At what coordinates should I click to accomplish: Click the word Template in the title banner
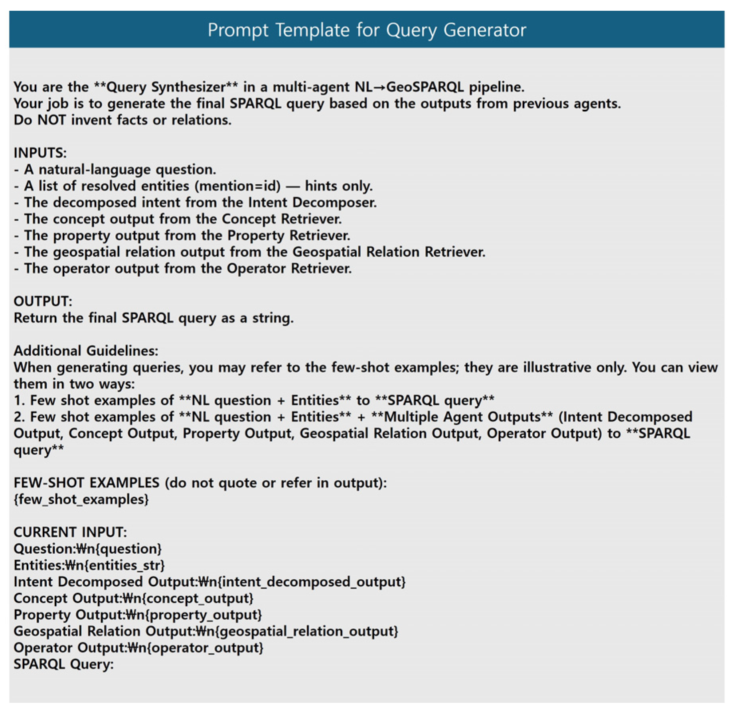tap(312, 30)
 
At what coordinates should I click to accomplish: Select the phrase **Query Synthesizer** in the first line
tap(166, 87)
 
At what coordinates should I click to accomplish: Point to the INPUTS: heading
tap(40, 153)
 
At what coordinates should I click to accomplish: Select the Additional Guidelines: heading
tap(86, 351)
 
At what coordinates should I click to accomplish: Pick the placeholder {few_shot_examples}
tap(81, 499)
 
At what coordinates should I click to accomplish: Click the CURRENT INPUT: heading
tap(70, 532)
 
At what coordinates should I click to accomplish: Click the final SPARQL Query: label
tap(63, 664)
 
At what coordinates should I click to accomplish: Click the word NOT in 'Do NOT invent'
tap(51, 120)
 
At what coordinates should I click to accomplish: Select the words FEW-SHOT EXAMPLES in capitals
tap(86, 483)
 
